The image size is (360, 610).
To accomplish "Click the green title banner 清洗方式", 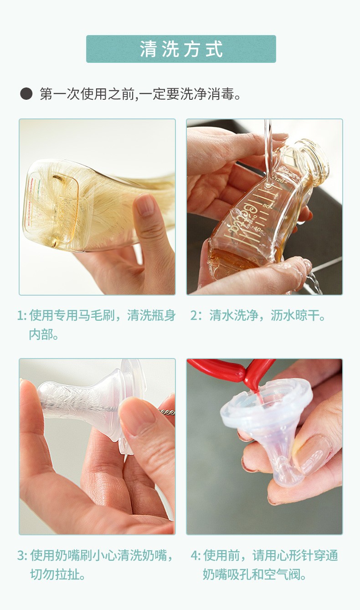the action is pos(181,49).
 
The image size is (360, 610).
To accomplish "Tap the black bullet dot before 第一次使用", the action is pos(26,94).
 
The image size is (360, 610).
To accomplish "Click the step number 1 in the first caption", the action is pos(20,316).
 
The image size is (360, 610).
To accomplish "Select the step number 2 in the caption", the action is pos(194,316).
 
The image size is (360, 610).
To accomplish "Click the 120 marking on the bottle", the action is pos(279,180).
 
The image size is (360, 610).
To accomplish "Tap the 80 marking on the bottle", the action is pos(266,206).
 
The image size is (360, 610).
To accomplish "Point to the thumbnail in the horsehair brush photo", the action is pos(144,205).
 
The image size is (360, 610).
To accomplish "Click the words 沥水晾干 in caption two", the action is pos(295,316).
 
